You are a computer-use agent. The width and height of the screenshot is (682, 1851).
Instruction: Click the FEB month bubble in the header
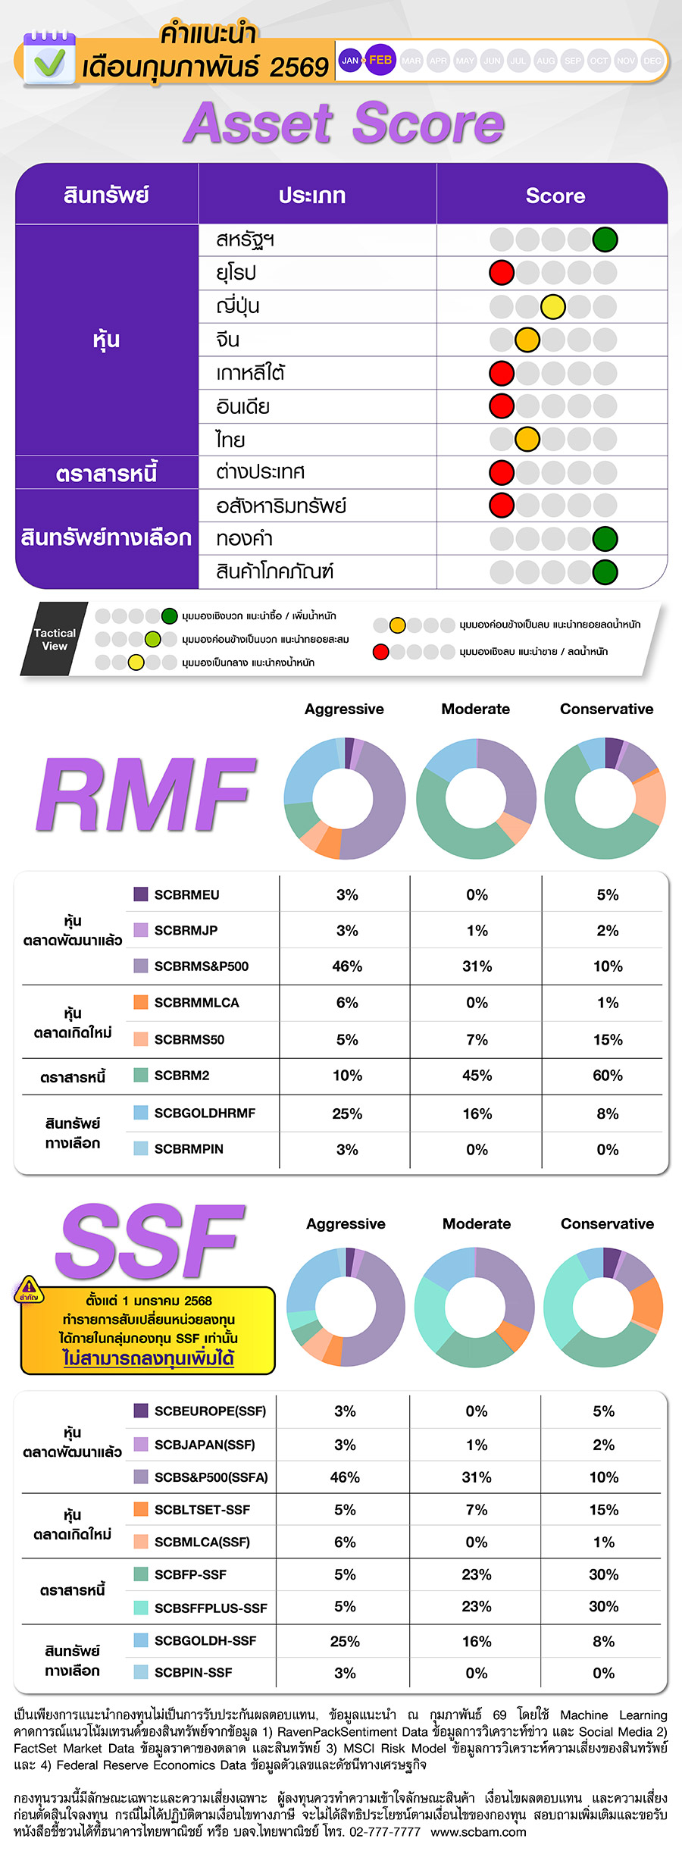(x=380, y=60)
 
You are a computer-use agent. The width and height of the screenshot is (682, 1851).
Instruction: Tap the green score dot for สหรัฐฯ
(x=605, y=240)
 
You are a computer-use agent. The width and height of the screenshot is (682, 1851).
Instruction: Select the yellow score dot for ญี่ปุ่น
(x=553, y=306)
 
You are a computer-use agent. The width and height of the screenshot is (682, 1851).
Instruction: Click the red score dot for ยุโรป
(x=502, y=272)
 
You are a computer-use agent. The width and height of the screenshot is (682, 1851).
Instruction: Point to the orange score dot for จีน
(x=527, y=340)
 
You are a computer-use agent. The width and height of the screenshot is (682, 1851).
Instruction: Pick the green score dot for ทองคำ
(x=605, y=539)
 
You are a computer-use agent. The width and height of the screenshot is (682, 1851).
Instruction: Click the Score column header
(x=555, y=196)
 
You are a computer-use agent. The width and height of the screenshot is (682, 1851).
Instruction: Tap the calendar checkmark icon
(x=48, y=60)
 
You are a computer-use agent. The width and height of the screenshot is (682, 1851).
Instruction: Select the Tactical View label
(x=55, y=639)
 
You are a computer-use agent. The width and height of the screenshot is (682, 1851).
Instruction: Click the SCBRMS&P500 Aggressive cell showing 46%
(x=347, y=966)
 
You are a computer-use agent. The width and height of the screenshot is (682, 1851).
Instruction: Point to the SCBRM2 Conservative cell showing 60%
(x=608, y=1076)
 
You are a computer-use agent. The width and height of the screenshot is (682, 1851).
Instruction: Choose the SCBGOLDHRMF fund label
(x=205, y=1113)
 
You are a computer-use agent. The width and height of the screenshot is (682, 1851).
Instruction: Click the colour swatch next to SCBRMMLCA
(x=141, y=1002)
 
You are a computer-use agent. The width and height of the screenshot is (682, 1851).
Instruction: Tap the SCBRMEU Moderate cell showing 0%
(x=477, y=894)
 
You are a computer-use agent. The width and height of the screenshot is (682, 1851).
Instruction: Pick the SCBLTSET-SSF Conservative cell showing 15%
(x=604, y=1509)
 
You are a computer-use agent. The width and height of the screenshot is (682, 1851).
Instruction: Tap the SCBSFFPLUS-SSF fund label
(x=211, y=1608)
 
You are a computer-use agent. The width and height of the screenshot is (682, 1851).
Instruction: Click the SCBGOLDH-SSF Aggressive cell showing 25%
(x=345, y=1641)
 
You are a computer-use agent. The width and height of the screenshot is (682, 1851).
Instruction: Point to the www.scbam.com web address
(x=478, y=1831)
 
